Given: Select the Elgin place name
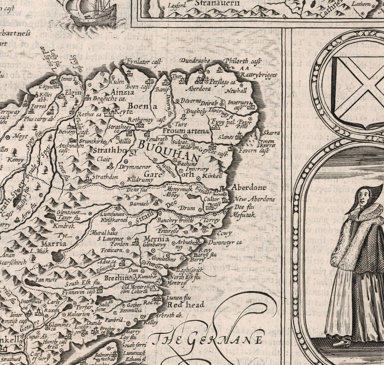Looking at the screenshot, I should point(73,90).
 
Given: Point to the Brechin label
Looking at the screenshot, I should point(117,278).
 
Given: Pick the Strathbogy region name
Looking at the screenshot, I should point(116,151).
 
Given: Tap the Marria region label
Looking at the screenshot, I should point(53,244).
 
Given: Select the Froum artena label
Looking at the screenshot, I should point(186,131).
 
